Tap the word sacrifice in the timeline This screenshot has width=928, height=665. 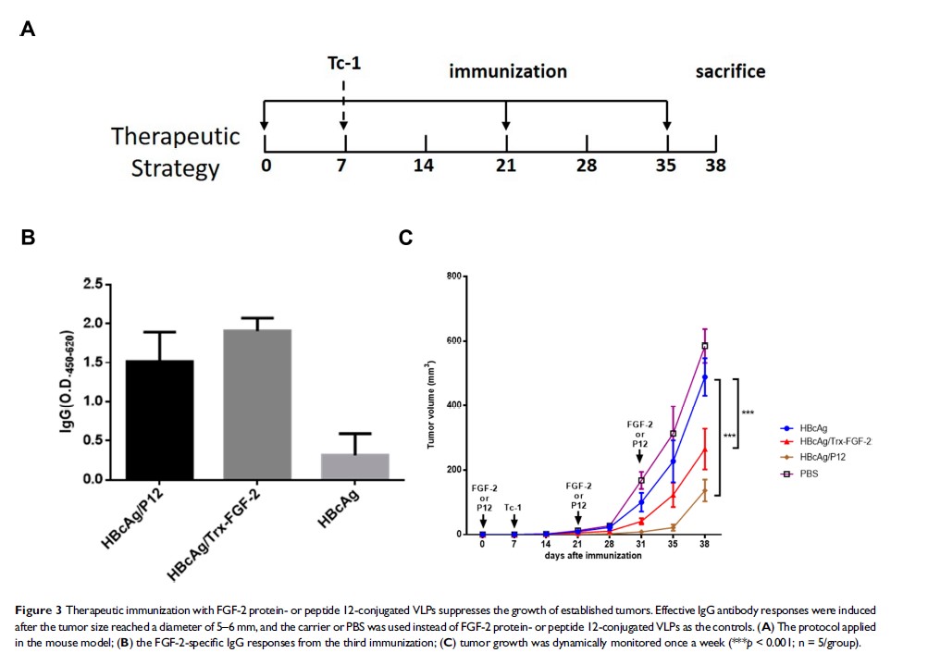pos(730,71)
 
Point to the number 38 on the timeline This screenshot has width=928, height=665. pos(715,166)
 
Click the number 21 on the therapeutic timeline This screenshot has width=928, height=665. pos(505,166)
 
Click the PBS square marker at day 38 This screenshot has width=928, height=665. pos(705,346)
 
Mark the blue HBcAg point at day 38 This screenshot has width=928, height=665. pos(705,376)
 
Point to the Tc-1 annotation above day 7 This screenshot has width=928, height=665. pos(513,507)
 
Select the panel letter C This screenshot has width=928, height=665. pos(405,238)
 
